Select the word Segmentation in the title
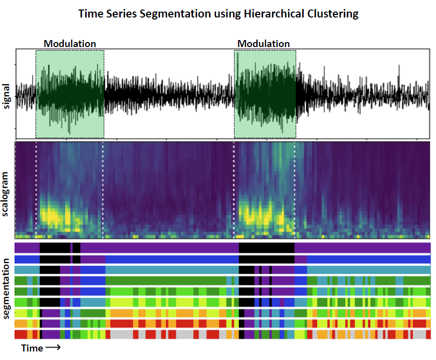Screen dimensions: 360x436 click(169, 14)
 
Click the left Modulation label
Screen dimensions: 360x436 click(70, 44)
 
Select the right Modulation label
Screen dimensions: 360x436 click(264, 44)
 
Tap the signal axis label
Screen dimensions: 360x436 click(7, 95)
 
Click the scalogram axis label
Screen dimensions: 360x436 click(7, 194)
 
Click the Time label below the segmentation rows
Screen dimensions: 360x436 click(32, 348)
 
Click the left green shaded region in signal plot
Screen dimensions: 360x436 click(70, 94)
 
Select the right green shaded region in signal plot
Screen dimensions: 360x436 click(265, 94)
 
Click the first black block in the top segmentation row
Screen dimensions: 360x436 click(55, 247)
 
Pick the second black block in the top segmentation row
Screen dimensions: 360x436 click(266, 247)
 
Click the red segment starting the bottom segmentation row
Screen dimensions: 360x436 click(21, 334)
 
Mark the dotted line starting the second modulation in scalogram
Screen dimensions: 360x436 click(234, 190)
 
